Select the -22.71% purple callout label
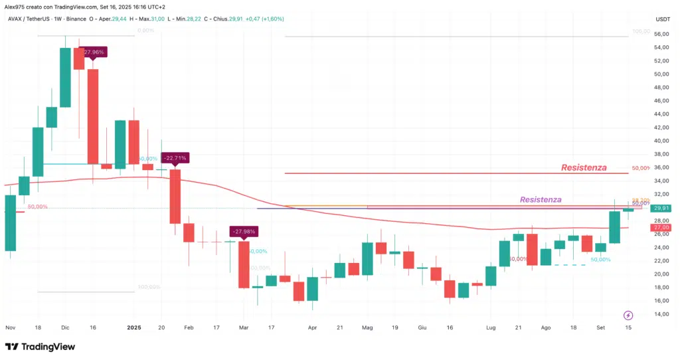[175, 158]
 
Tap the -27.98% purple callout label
[244, 231]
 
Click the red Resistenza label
[584, 167]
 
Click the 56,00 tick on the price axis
[661, 34]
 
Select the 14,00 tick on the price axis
[661, 314]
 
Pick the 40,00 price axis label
[661, 141]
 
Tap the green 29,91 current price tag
[661, 208]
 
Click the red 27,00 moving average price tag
[661, 227]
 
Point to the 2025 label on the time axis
[134, 328]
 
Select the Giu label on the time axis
[422, 328]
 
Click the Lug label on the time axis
[491, 328]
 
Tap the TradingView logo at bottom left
[40, 347]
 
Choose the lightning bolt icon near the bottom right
[629, 315]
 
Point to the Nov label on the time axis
[10, 328]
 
